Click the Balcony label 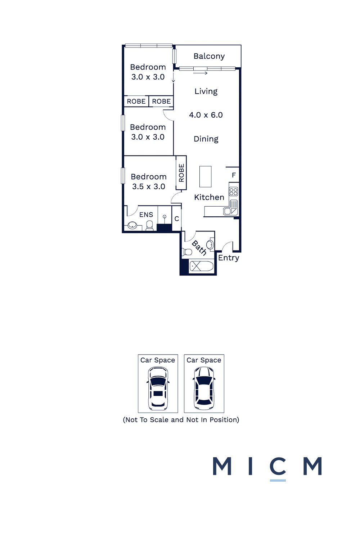(x=209, y=57)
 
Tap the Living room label (x=206, y=91)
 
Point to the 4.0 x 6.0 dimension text (x=206, y=115)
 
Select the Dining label (x=206, y=139)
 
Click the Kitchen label (x=209, y=197)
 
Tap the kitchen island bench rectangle (x=206, y=176)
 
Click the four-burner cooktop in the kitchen (x=234, y=192)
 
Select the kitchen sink (x=231, y=208)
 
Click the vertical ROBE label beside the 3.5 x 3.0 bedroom (x=181, y=172)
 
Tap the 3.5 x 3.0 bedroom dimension (x=149, y=186)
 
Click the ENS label (x=146, y=215)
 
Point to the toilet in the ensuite (x=149, y=226)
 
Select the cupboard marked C (x=177, y=219)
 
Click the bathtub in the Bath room (x=202, y=266)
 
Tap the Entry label (x=229, y=258)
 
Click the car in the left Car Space (x=158, y=388)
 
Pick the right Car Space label (x=204, y=360)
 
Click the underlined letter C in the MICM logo (x=278, y=466)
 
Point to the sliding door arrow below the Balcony (x=201, y=73)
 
